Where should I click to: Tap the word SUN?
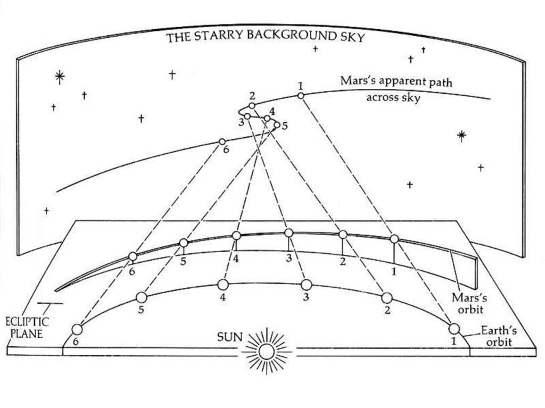[230, 337]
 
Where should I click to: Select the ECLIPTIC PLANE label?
[27, 328]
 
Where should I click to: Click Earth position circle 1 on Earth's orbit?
[454, 329]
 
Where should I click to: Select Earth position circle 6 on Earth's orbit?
[77, 329]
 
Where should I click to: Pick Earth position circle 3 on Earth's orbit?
[306, 285]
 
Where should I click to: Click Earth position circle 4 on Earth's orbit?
[223, 285]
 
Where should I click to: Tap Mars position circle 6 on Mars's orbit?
[133, 256]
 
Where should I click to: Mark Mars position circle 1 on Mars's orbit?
[394, 239]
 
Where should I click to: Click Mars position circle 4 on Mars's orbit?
[236, 236]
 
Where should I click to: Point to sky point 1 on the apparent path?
[301, 96]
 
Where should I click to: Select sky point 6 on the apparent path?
[222, 141]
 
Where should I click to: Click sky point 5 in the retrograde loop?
[277, 125]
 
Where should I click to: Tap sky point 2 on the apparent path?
[252, 106]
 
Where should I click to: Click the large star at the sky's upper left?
[60, 78]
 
